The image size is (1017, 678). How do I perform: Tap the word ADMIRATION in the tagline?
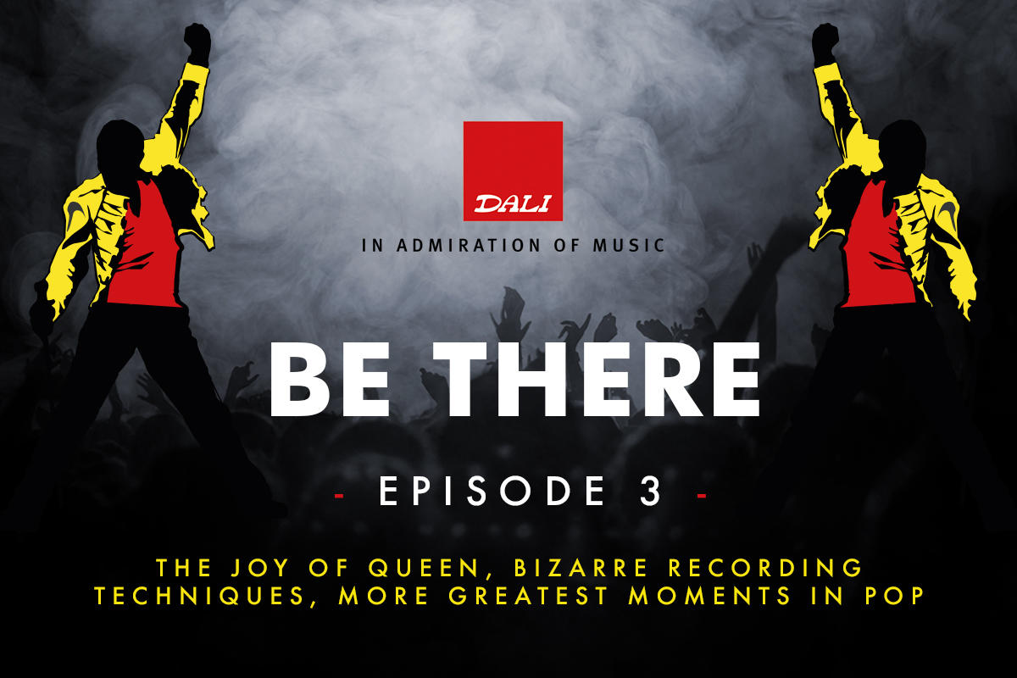pyautogui.click(x=459, y=246)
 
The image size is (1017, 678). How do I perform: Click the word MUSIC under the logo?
pyautogui.click(x=627, y=246)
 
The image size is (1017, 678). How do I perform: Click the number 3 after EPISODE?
pyautogui.click(x=650, y=492)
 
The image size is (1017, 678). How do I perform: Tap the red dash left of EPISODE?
pyautogui.click(x=340, y=493)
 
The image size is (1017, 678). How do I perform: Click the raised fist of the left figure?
pyautogui.click(x=197, y=41)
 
